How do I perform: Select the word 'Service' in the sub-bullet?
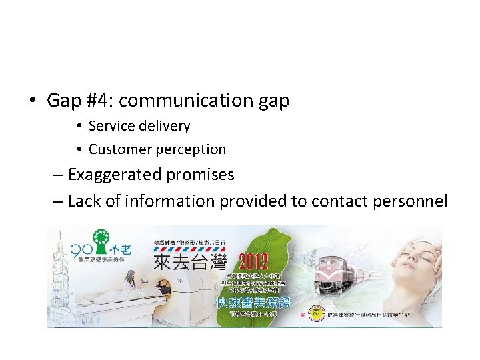pyautogui.click(x=110, y=126)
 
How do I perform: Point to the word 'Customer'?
pyautogui.click(x=117, y=149)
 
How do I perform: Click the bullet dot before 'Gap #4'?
pyautogui.click(x=32, y=101)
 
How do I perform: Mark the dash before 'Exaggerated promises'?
pyautogui.click(x=57, y=175)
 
